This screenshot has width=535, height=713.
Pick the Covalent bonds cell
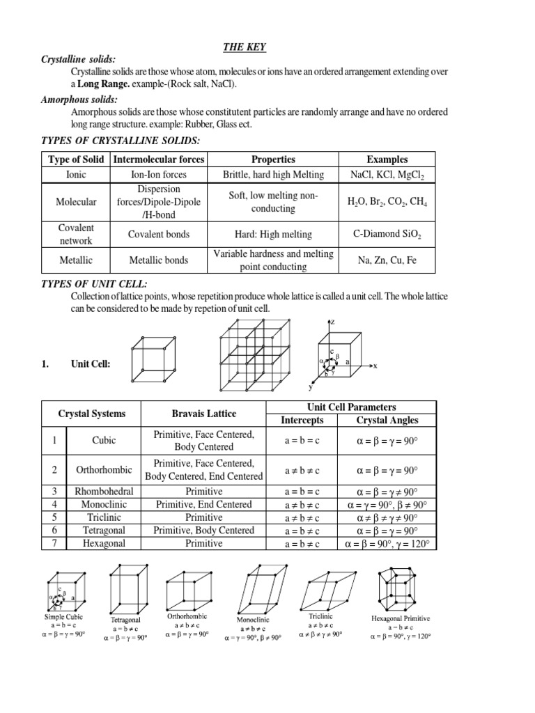pos(159,235)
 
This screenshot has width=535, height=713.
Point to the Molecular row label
pos(77,202)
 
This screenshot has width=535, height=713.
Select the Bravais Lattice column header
pos(204,414)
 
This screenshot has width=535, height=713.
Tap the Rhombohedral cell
pos(104,491)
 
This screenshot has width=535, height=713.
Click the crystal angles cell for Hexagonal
pos(387,544)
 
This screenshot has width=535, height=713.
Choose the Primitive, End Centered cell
pos(204,504)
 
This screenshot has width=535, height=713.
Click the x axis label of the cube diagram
pos(374,365)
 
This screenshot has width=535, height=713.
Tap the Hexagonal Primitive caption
pos(401,618)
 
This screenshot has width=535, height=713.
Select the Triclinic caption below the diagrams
pos(320,617)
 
